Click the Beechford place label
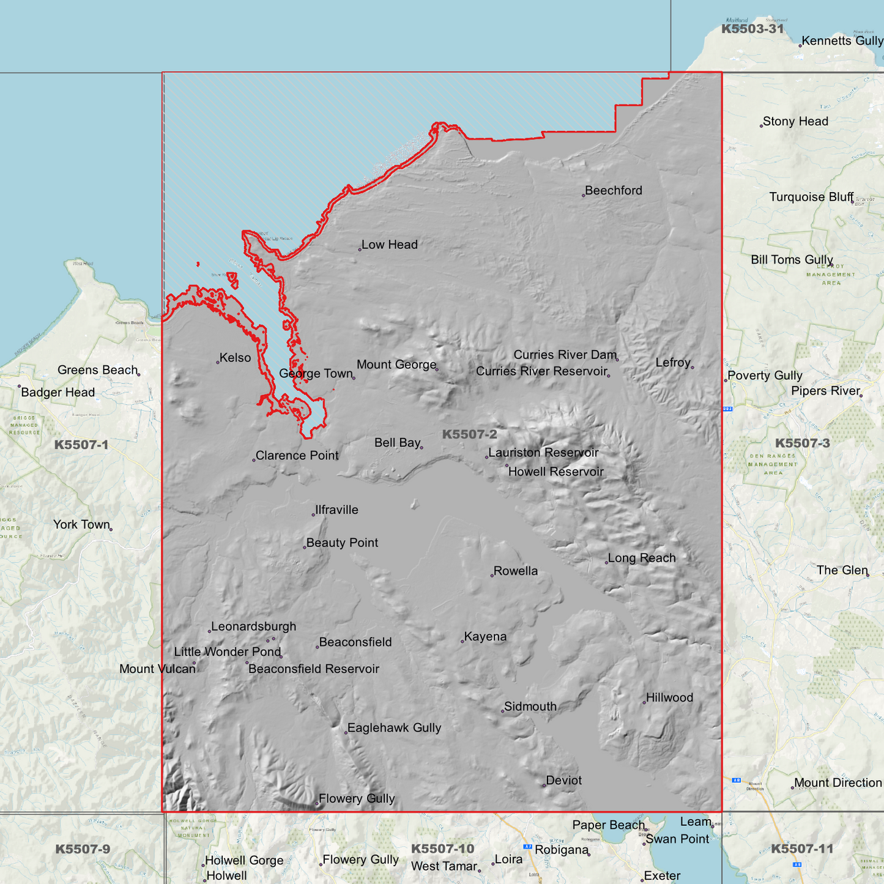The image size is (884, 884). point(613,191)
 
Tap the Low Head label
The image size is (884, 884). point(389,245)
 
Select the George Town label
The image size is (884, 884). point(316,374)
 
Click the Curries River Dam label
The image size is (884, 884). point(565,355)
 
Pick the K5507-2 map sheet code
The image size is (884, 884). point(469,434)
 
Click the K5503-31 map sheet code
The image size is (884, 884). point(752,29)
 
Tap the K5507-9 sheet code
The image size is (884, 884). point(83,849)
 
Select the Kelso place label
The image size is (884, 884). point(235,358)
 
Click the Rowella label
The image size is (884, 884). point(515,571)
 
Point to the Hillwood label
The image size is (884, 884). point(669,698)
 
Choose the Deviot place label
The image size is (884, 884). point(563,781)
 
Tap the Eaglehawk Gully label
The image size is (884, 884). point(394,728)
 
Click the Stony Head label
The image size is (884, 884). point(795,122)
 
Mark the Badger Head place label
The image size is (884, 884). point(58,393)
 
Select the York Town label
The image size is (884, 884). point(81,525)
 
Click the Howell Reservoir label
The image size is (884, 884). point(555,472)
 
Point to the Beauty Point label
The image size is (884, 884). point(342,543)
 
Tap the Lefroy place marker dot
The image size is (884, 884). point(693,367)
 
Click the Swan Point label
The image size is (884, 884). point(677,839)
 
